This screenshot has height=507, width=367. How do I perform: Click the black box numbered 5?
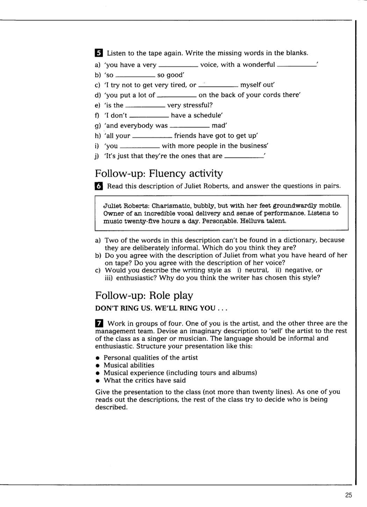99,53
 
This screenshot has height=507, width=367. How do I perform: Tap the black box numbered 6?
99,186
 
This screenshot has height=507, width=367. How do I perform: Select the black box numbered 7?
99,323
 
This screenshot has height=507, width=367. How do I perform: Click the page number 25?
348,495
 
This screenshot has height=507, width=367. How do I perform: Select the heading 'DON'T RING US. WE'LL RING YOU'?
161,308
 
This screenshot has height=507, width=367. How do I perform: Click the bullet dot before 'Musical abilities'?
98,365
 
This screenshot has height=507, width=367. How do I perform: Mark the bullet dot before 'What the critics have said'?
98,381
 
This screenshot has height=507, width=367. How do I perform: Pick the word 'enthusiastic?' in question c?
136,278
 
